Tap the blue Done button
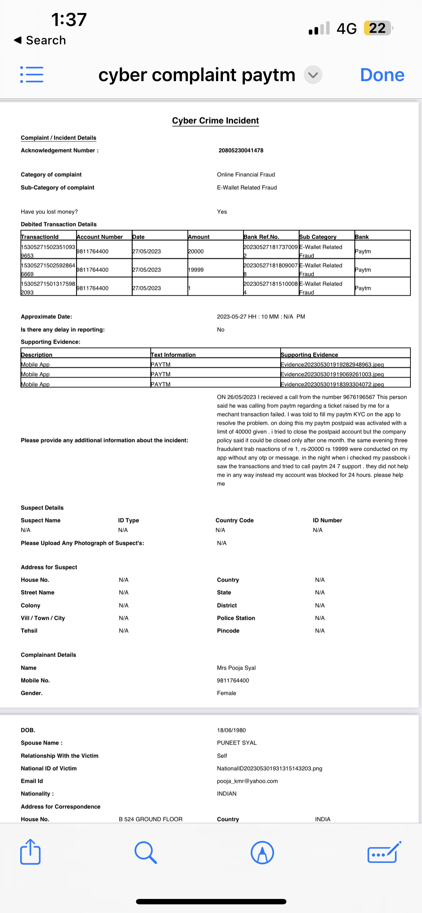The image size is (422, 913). (382, 75)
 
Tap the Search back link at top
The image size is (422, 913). (40, 40)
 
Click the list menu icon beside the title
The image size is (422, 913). (32, 75)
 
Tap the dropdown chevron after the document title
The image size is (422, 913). (313, 75)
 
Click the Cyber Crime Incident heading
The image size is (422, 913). (215, 120)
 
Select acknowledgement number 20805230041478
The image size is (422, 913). (241, 150)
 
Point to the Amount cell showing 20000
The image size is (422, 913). (196, 251)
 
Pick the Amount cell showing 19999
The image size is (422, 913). (196, 270)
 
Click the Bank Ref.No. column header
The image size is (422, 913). (261, 237)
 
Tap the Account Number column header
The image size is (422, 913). (100, 237)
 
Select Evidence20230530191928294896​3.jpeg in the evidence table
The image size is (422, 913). (332, 365)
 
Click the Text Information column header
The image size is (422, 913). (173, 354)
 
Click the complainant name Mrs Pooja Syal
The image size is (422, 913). (236, 668)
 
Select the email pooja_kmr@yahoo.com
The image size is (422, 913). (247, 781)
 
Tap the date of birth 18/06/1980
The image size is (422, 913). (231, 730)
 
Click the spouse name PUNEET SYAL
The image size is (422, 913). (237, 743)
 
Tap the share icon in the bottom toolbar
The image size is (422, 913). (30, 852)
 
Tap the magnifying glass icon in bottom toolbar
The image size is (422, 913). (146, 853)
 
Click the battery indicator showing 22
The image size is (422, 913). (378, 28)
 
